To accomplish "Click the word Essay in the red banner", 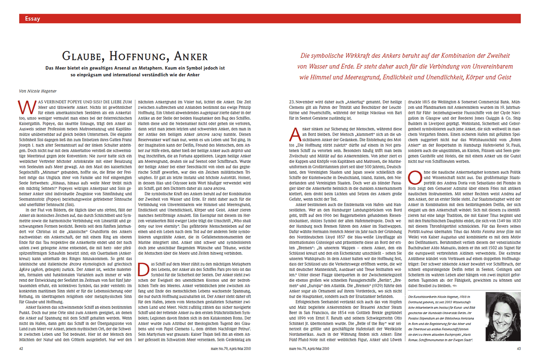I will pyautogui.click(x=33, y=19).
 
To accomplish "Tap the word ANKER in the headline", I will pyautogui.click(x=191, y=56).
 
